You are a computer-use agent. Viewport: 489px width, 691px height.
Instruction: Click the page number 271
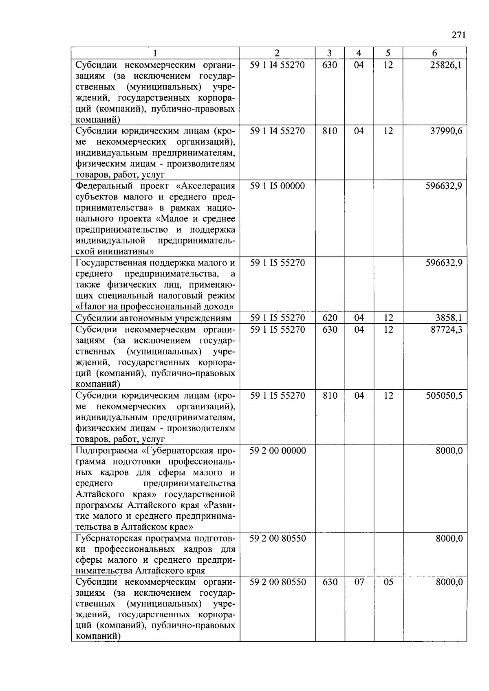coord(458,35)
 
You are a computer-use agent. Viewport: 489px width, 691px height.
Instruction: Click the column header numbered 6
coord(434,53)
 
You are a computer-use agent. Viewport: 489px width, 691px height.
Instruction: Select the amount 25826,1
coord(446,65)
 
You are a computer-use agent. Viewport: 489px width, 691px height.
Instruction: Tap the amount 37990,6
coord(446,131)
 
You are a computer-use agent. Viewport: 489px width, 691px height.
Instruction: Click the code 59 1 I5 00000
coord(277,186)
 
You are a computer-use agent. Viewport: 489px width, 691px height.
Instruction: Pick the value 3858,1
coord(449,318)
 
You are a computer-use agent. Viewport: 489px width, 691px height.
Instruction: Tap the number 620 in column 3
coord(329,318)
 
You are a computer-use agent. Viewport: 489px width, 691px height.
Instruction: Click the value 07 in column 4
coord(359,582)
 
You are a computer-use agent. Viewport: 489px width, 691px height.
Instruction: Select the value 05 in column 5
coord(388,582)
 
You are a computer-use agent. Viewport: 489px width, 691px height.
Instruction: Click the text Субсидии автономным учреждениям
coord(154,318)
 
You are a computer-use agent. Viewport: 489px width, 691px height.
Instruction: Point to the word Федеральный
coord(104,186)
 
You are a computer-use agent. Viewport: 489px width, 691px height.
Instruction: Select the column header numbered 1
coord(155,53)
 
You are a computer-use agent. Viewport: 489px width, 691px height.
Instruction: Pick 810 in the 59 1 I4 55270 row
coord(329,131)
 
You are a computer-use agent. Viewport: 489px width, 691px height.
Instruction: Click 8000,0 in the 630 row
coord(449,582)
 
